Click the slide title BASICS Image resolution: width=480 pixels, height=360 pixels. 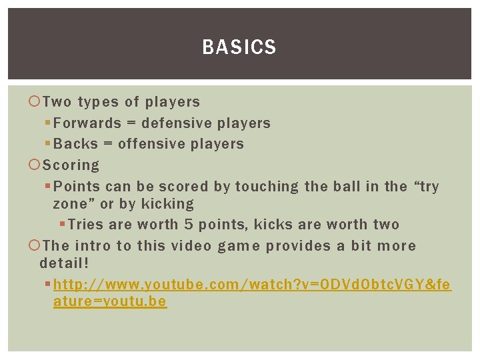(x=239, y=47)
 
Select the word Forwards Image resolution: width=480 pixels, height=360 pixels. (x=87, y=123)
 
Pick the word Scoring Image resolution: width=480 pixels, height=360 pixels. (x=71, y=165)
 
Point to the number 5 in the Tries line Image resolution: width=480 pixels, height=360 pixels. (x=189, y=225)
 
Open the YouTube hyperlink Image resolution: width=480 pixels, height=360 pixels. (x=252, y=285)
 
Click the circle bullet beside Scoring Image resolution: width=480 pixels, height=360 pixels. (x=35, y=165)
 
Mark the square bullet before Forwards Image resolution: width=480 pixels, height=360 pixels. (x=47, y=123)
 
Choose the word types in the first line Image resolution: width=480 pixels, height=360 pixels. (x=99, y=102)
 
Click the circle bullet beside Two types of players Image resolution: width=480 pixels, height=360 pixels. (x=35, y=102)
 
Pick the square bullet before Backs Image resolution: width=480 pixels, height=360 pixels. (x=47, y=144)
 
